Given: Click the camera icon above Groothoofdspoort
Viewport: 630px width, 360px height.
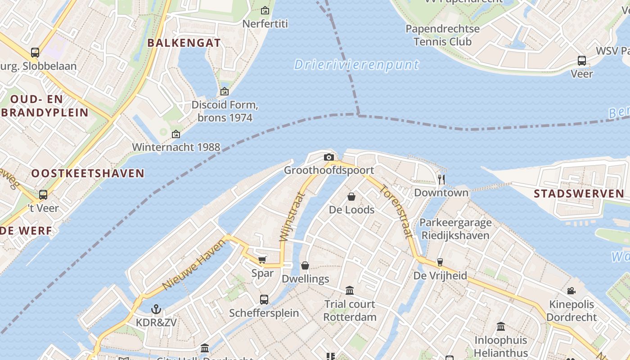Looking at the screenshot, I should [x=329, y=157].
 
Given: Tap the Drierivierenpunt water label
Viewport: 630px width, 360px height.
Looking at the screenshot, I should [x=356, y=65].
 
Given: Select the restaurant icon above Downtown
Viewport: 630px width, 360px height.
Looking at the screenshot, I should [x=441, y=180].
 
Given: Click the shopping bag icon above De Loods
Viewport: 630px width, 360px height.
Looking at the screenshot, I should [x=351, y=197].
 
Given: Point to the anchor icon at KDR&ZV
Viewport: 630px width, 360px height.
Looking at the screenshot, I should [x=156, y=309].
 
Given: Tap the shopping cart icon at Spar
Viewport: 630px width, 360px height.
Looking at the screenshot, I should [x=262, y=260].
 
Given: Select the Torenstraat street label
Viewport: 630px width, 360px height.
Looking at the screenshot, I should [x=396, y=211].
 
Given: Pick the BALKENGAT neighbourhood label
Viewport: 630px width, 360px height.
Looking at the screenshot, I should [x=184, y=43].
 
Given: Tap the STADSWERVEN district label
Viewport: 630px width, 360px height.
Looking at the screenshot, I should [x=579, y=194].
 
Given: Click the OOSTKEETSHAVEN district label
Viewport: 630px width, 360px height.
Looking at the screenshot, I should [x=88, y=173].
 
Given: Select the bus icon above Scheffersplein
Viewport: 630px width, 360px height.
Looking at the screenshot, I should [x=264, y=299].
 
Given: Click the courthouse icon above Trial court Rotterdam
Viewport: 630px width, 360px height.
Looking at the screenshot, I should [x=350, y=291].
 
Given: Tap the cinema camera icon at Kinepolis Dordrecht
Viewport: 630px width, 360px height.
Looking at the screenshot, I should [x=571, y=291].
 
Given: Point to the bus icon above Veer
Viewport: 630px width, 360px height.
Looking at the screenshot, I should [x=581, y=60].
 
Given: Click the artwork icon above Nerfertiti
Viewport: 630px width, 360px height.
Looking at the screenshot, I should [x=265, y=10].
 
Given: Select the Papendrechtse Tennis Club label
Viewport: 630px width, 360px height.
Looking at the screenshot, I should [x=442, y=35].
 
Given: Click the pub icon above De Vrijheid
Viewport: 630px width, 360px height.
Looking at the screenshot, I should [x=440, y=262].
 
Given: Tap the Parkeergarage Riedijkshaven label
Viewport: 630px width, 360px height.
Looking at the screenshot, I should [x=455, y=229].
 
